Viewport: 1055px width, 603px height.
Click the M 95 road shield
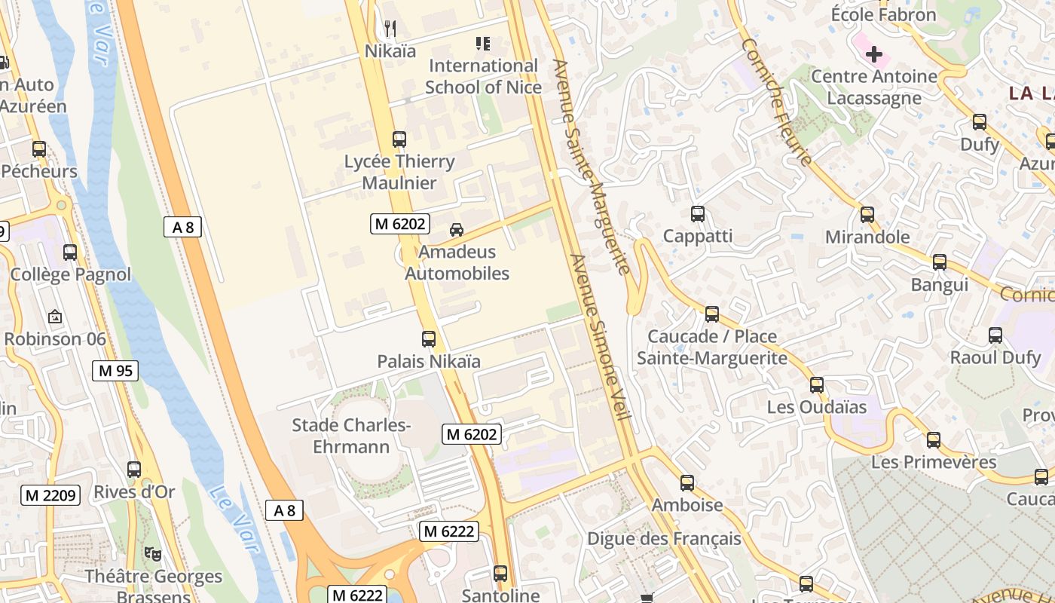tap(115, 370)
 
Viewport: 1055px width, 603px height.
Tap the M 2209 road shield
tap(50, 495)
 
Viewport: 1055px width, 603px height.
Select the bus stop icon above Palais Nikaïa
tap(429, 339)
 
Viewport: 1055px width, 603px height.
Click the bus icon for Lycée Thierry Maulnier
tap(399, 139)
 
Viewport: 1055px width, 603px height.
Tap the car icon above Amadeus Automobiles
tap(457, 230)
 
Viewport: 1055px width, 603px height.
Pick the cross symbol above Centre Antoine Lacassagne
tap(874, 54)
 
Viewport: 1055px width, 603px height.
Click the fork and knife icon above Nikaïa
tap(390, 29)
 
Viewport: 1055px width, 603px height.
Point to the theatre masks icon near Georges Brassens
tap(153, 555)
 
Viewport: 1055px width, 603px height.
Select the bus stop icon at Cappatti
tap(698, 214)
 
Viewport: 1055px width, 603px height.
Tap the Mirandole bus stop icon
tap(867, 215)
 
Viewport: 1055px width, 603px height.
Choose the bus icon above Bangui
tap(940, 262)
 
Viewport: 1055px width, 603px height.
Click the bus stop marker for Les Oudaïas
tap(817, 385)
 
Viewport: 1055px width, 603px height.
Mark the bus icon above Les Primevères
tap(934, 440)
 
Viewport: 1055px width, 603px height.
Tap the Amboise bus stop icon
tap(687, 482)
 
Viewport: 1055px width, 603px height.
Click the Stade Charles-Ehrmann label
tap(351, 436)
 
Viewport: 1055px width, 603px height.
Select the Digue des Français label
tap(664, 539)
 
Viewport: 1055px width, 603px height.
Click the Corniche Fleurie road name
tap(776, 102)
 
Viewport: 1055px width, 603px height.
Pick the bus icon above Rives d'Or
tap(134, 470)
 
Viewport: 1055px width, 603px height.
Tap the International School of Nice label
tap(483, 76)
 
